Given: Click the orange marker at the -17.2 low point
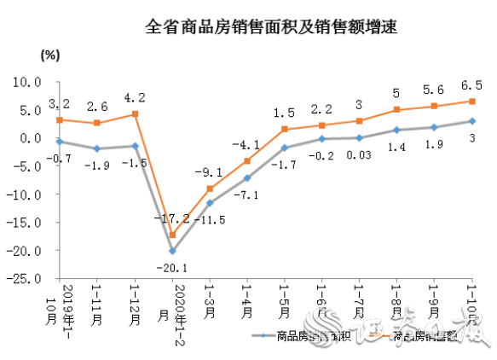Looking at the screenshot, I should (x=172, y=235).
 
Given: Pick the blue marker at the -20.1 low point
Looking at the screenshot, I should (x=172, y=251).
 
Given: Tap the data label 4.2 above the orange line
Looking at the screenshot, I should (x=135, y=96).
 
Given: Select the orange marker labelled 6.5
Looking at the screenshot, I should (x=472, y=102).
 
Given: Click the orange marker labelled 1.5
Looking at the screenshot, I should (x=285, y=130).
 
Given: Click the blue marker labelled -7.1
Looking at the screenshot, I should (x=247, y=178).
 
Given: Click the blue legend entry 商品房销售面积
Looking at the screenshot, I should (x=303, y=337).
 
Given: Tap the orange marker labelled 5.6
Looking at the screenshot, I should (x=435, y=107).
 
